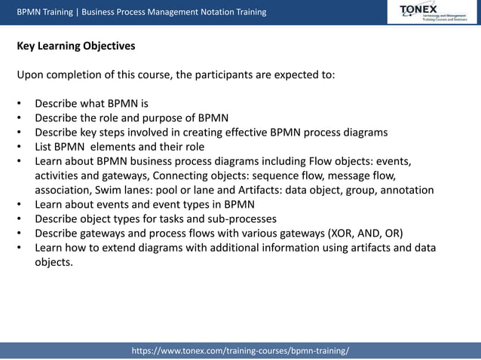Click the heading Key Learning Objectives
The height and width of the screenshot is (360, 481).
[x=76, y=46]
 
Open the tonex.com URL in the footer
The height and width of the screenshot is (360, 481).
[x=240, y=352]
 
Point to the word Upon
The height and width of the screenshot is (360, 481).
[x=31, y=75]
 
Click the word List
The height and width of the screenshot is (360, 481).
[x=44, y=147]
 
